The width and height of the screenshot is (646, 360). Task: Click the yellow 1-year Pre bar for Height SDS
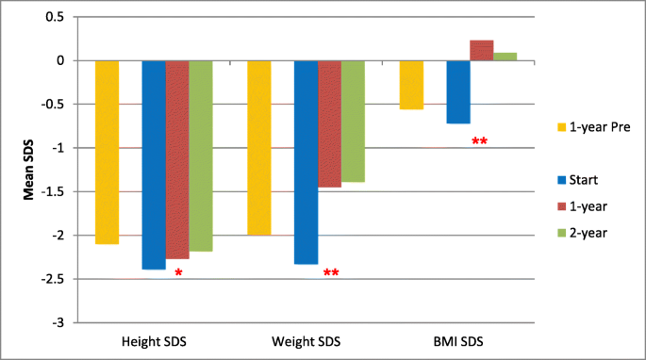coord(108,152)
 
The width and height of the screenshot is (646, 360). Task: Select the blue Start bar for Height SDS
coord(154,165)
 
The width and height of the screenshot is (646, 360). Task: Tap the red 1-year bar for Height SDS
coord(177,159)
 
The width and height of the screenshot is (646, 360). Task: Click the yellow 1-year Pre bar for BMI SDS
coord(411,85)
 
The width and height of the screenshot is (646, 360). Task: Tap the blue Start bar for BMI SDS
coord(458,92)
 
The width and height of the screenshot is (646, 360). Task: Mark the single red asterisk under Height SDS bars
coord(178,273)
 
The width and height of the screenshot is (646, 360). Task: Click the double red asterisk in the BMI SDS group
coord(479,142)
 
